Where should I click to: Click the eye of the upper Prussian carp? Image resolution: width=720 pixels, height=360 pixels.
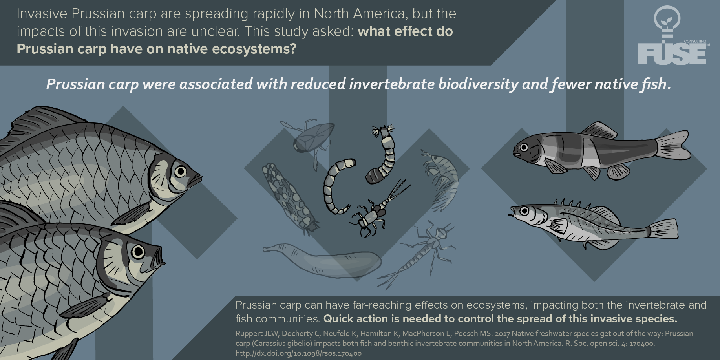pos(181,172)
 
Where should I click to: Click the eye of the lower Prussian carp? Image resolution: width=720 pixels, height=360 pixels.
pos(138,251)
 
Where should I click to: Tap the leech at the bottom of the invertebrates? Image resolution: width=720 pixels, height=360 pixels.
pos(322,259)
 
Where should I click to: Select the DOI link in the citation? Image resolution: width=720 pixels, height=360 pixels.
pos(298,353)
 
